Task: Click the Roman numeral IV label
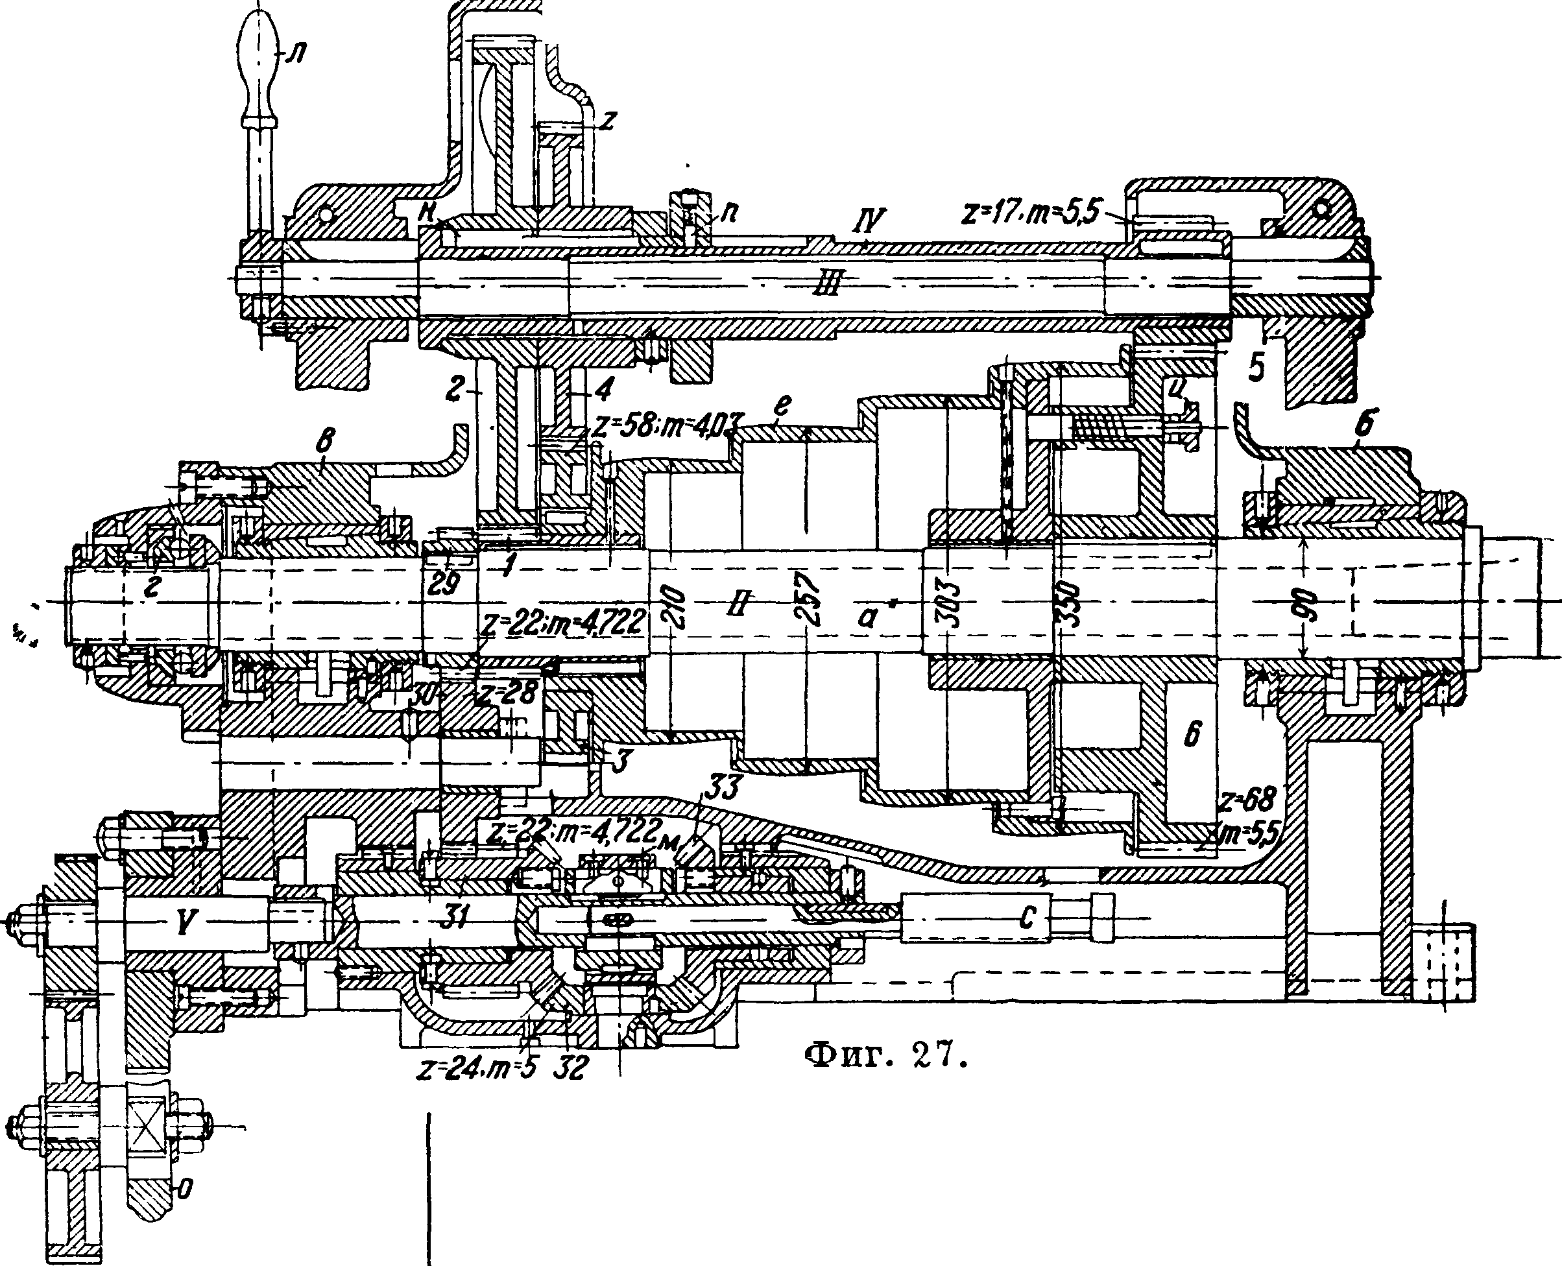click(x=871, y=218)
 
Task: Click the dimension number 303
click(x=948, y=604)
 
